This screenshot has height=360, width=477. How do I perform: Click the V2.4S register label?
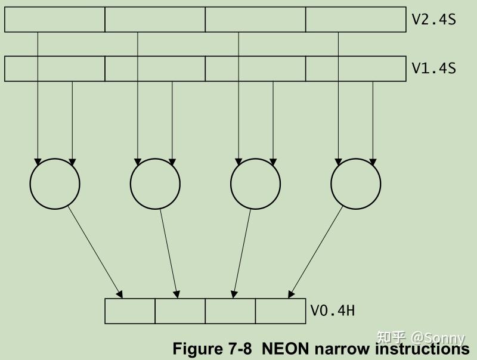pyautogui.click(x=433, y=19)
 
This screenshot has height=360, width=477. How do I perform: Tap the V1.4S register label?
pyautogui.click(x=433, y=68)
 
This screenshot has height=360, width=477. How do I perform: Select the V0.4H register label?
pyautogui.click(x=332, y=311)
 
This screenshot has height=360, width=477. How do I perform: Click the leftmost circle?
pyautogui.click(x=55, y=184)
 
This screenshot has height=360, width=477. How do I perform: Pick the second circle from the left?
pyautogui.click(x=155, y=184)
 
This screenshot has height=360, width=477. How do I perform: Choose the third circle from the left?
pyautogui.click(x=255, y=184)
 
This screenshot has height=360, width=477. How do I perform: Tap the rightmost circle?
pyautogui.click(x=356, y=184)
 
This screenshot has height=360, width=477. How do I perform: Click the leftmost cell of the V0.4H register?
pyautogui.click(x=130, y=311)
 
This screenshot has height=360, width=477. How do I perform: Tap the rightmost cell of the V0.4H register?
pyautogui.click(x=280, y=311)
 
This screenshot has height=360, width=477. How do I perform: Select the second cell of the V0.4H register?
pyautogui.click(x=180, y=311)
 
